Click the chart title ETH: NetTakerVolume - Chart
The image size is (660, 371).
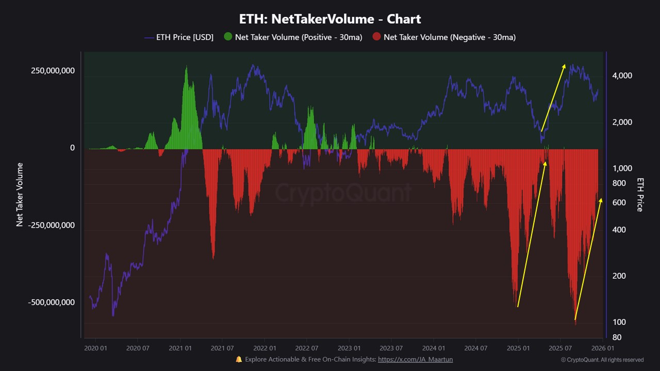tap(330, 19)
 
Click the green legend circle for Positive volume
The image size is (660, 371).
tap(228, 37)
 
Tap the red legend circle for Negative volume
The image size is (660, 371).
tap(376, 37)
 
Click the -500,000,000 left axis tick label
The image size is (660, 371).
tap(51, 302)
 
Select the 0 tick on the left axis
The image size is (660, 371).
tap(72, 148)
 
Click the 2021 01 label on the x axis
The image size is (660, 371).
tap(181, 348)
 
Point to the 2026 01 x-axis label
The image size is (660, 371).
tap(602, 348)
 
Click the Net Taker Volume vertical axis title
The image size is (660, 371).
tap(20, 195)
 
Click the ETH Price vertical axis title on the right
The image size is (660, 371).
tap(640, 195)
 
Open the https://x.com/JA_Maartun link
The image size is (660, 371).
tap(415, 359)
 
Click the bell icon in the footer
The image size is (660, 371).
tap(239, 359)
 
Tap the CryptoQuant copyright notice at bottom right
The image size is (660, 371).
tap(602, 360)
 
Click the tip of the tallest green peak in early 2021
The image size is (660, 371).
tap(186, 66)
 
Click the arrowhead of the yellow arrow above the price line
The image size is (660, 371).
tap(565, 65)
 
